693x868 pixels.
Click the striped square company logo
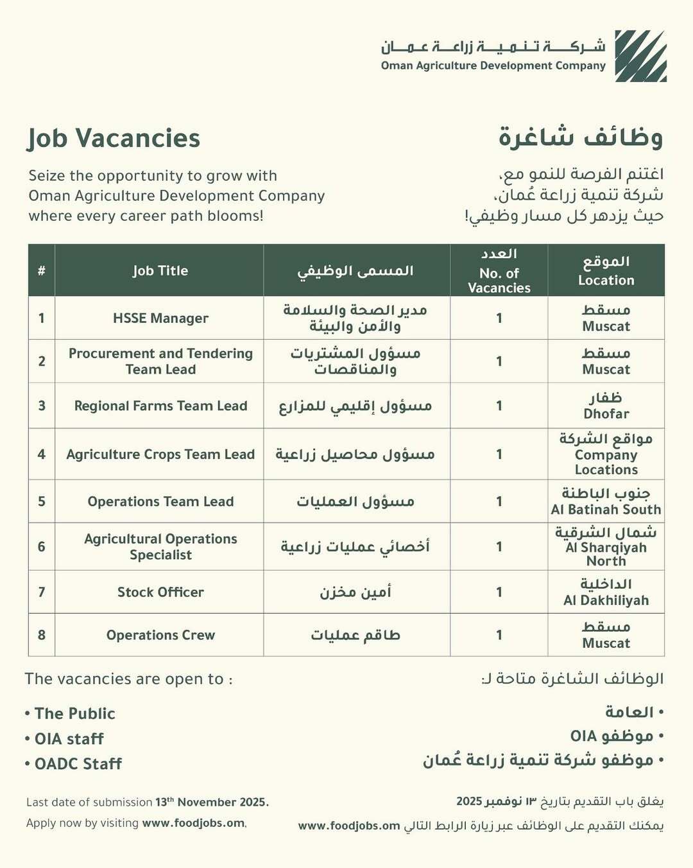tap(640, 56)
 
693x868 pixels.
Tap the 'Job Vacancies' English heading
tap(114, 139)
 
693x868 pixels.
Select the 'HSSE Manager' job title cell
tap(160, 318)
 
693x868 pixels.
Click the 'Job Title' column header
tap(160, 270)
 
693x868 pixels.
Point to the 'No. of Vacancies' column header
tap(499, 280)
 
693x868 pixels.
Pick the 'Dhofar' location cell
tap(606, 406)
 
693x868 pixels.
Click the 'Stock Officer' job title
tap(160, 592)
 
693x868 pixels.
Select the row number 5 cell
tap(42, 501)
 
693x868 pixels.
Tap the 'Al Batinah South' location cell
tap(606, 501)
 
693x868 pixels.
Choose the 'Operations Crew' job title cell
tap(160, 635)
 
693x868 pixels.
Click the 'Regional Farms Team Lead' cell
tap(160, 406)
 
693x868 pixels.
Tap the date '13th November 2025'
tap(212, 802)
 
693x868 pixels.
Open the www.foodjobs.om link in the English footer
tap(193, 823)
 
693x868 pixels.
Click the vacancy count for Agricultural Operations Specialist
tap(499, 547)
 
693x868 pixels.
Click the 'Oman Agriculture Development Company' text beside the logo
tap(493, 65)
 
